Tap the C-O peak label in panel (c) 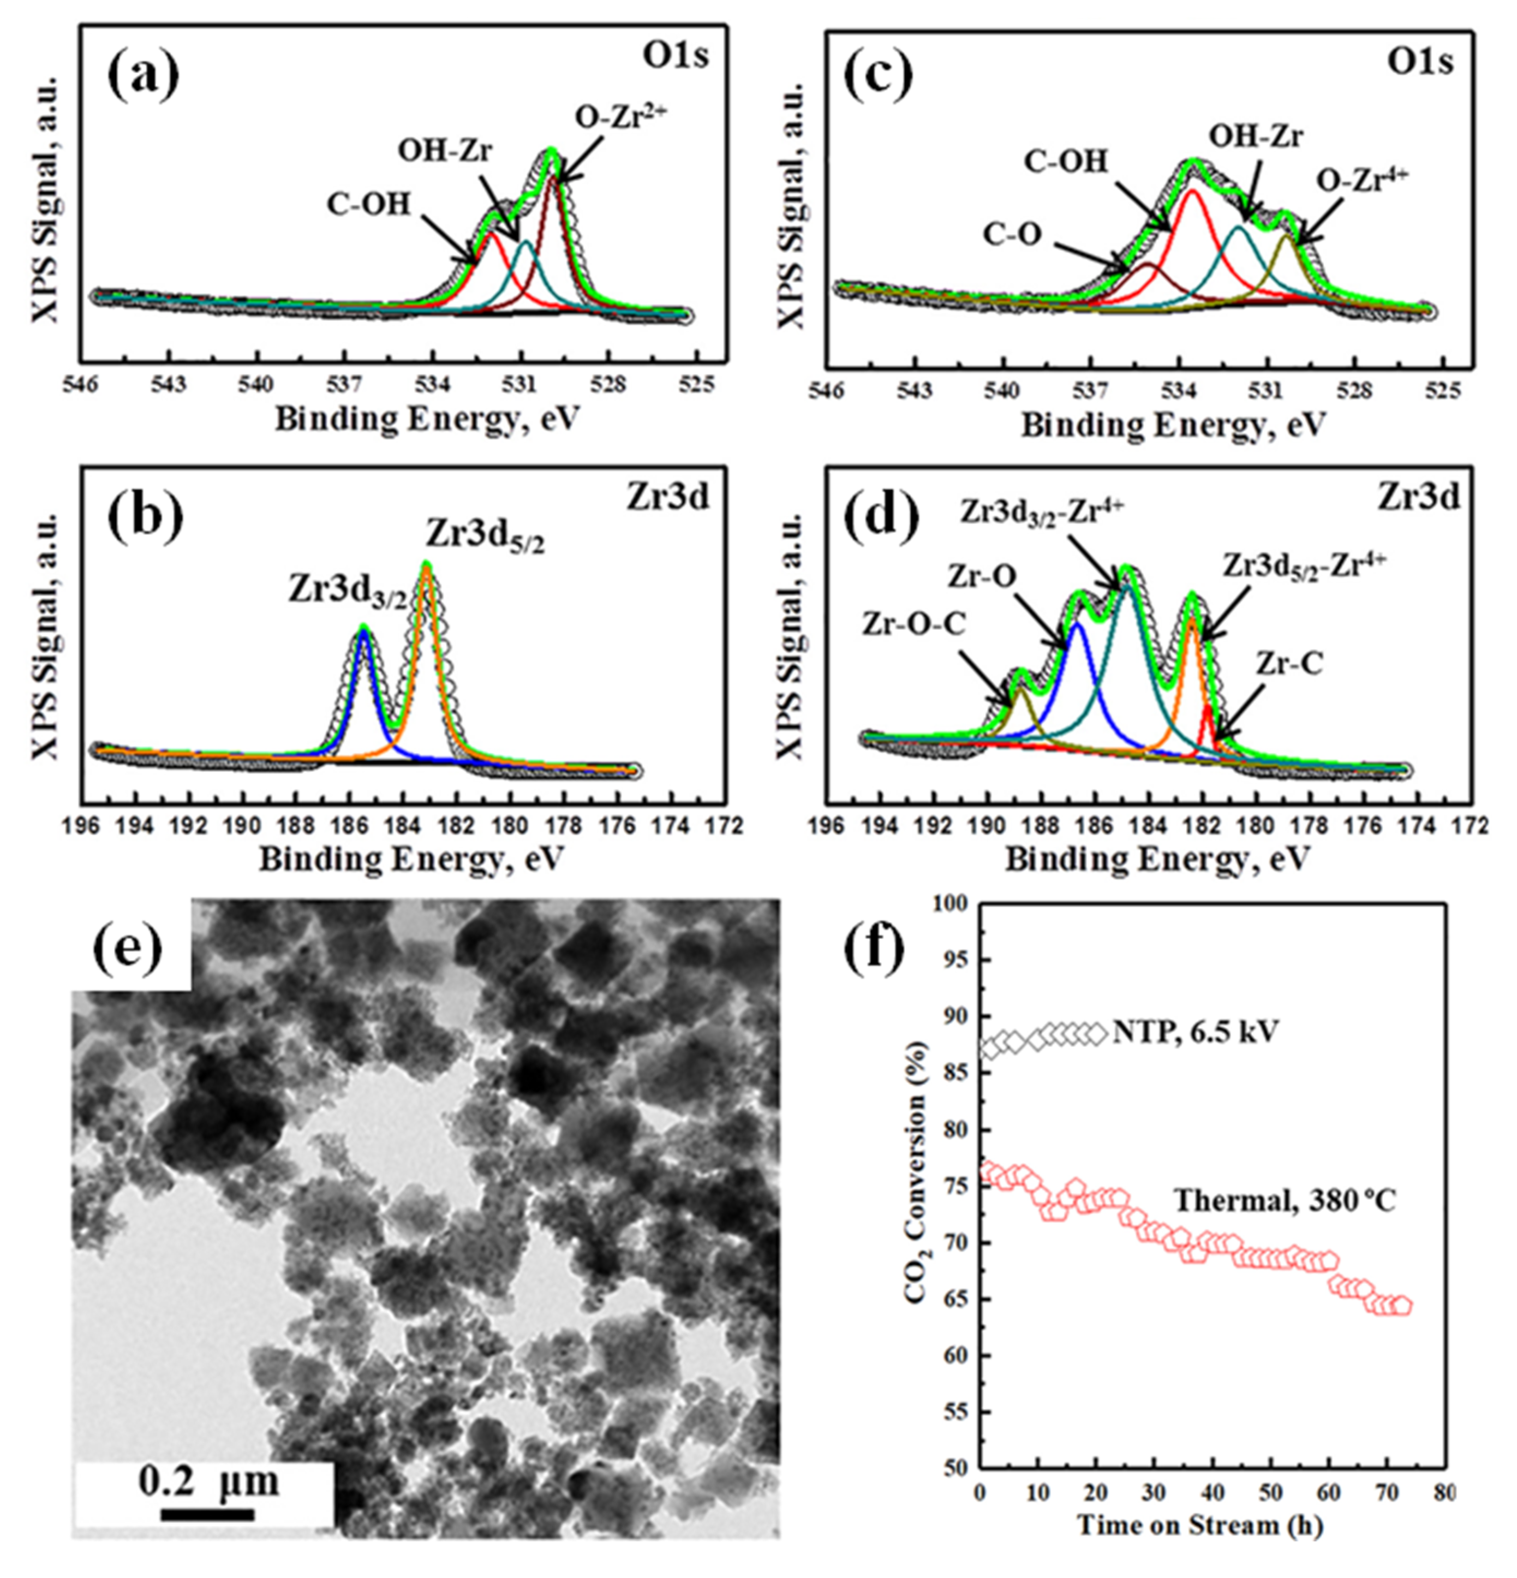pos(1012,234)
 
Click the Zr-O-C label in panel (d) pos(914,622)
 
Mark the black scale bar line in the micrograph pos(207,1514)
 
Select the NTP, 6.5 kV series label pos(1195,1031)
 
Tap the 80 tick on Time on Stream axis pos(1444,1492)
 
